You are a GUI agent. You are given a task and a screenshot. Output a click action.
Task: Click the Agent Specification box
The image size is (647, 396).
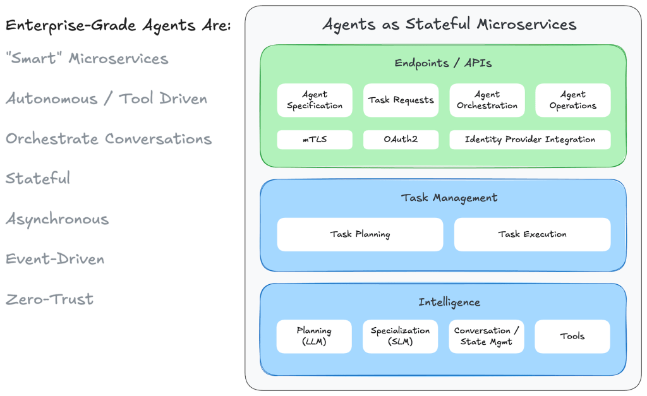click(315, 100)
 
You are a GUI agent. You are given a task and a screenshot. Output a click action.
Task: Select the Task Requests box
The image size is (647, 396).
click(401, 100)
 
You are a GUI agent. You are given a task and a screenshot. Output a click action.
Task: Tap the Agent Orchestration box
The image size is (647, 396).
click(487, 100)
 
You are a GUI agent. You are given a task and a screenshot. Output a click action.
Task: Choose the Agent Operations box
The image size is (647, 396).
click(573, 100)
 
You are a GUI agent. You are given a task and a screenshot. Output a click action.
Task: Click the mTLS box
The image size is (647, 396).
click(315, 140)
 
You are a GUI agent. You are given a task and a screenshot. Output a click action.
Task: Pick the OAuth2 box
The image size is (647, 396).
click(401, 140)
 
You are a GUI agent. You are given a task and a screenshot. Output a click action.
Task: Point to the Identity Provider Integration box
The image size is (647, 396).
click(530, 140)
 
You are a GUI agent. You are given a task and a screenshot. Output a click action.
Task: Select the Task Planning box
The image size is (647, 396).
click(360, 234)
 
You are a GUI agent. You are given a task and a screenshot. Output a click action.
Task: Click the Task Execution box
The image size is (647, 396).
click(532, 234)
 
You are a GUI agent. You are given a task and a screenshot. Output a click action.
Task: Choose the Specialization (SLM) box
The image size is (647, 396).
click(401, 337)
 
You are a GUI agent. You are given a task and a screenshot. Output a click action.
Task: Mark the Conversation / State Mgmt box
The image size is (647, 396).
click(487, 337)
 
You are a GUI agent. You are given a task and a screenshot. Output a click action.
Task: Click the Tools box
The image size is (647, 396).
click(572, 337)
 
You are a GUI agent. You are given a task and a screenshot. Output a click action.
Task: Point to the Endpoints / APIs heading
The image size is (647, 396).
click(443, 63)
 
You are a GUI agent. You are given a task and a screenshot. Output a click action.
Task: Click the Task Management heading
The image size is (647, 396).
click(449, 198)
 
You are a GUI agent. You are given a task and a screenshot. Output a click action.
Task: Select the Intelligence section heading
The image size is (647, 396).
click(449, 303)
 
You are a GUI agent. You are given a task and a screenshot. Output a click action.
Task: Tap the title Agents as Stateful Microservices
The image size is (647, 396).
click(449, 25)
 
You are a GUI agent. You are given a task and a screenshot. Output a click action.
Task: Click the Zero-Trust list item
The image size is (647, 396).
click(50, 299)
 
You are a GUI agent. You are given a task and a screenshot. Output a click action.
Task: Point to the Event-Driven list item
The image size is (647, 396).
click(55, 260)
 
